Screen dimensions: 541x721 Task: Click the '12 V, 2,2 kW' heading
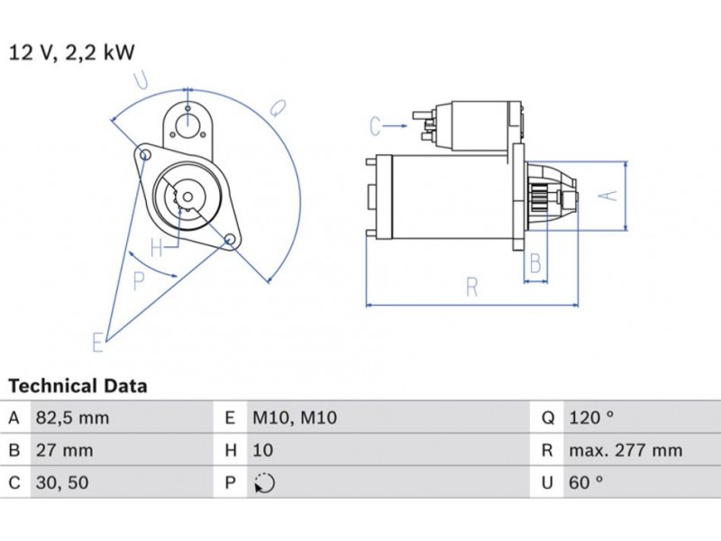pos(72,52)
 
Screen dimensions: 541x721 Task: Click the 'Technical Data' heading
pos(78,387)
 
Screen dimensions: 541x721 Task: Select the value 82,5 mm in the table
pos(71,417)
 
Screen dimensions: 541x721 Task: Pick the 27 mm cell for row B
pos(63,450)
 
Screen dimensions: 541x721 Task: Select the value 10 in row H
pos(263,450)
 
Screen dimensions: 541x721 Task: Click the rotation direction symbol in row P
pos(264,483)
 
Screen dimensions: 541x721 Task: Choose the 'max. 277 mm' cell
pos(625,450)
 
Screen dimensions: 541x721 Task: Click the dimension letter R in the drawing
pos(471,287)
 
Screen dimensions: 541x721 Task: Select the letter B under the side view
pos(535,264)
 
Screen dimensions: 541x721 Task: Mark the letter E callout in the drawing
pos(97,342)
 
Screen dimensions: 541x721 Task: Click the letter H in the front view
pos(157,247)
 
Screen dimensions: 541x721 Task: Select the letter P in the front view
pos(139,281)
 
